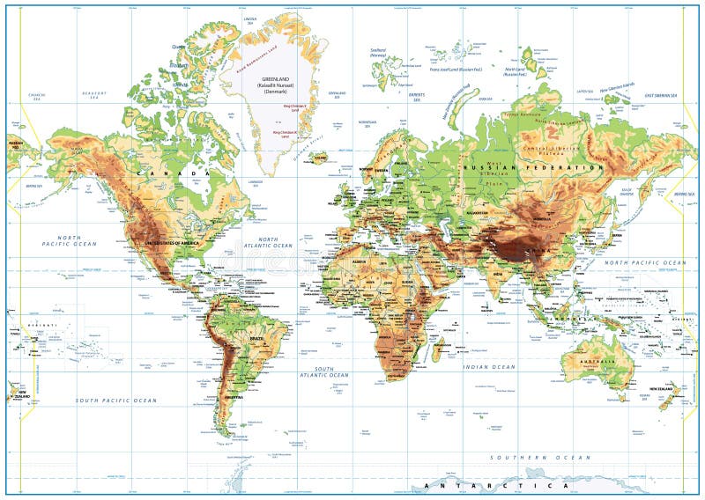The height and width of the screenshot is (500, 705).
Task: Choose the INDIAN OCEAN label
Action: (491, 366)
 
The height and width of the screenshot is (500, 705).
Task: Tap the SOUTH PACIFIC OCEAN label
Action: (115, 401)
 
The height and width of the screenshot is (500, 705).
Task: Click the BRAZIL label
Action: (258, 339)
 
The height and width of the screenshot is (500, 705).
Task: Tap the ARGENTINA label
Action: (233, 397)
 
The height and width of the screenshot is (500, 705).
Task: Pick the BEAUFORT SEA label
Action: (93, 92)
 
